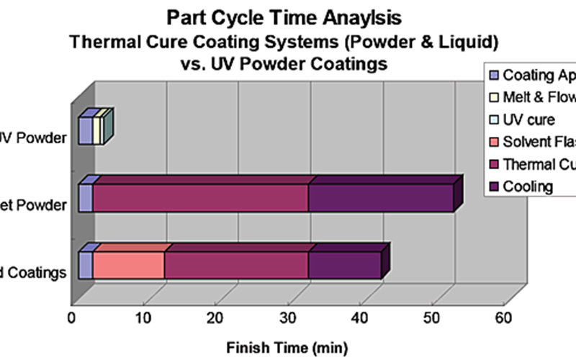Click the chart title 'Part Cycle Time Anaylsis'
coord(287,16)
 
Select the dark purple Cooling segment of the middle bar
coord(380,197)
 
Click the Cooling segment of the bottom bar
coord(344,265)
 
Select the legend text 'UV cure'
coord(529,120)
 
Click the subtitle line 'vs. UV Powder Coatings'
coord(287,63)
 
